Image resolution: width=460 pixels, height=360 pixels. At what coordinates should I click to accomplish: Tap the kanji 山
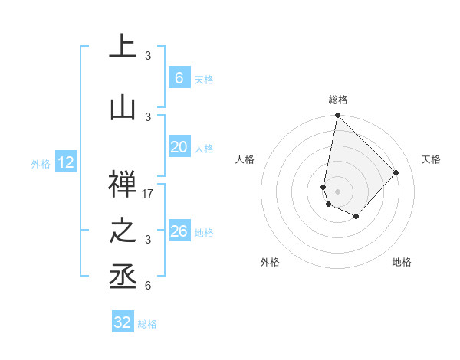pyautogui.click(x=123, y=109)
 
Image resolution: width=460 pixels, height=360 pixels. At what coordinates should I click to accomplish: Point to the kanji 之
pyautogui.click(x=123, y=231)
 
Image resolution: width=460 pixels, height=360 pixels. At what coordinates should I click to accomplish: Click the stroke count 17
pyautogui.click(x=149, y=194)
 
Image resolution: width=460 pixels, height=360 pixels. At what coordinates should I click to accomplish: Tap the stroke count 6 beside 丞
pyautogui.click(x=148, y=286)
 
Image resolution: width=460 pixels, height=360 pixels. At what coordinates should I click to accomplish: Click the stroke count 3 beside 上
pyautogui.click(x=148, y=56)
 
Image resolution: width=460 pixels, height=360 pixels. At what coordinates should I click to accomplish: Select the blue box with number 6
pyautogui.click(x=179, y=78)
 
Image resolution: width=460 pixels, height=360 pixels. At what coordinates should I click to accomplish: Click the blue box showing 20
pyautogui.click(x=179, y=147)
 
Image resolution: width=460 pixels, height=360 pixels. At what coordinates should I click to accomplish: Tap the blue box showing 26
pyautogui.click(x=179, y=231)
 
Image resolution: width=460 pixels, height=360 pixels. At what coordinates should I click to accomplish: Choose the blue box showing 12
pyautogui.click(x=66, y=162)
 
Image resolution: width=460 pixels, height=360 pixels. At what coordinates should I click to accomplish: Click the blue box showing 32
pyautogui.click(x=123, y=322)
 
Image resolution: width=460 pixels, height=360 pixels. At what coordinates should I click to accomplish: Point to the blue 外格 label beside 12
pyautogui.click(x=41, y=163)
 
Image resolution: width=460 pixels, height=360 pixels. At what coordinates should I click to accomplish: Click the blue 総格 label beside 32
pyautogui.click(x=147, y=324)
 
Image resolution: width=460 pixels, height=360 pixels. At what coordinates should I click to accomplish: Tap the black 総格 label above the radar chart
pyautogui.click(x=337, y=100)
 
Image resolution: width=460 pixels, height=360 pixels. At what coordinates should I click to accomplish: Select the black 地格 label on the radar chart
pyautogui.click(x=402, y=262)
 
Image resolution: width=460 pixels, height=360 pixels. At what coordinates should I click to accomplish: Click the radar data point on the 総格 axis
pyautogui.click(x=337, y=116)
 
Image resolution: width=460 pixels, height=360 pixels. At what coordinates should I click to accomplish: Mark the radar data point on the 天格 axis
pyautogui.click(x=396, y=172)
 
